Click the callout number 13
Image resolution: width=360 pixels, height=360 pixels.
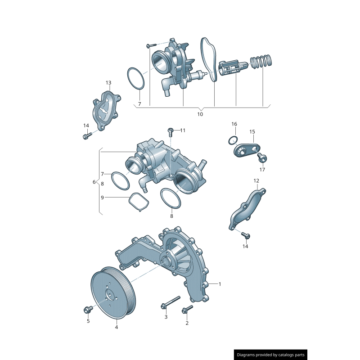click(x=108, y=83)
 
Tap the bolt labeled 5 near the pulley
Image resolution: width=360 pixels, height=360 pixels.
click(x=87, y=310)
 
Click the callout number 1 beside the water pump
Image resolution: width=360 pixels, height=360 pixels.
click(x=220, y=284)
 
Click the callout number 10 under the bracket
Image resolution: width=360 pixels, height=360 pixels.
click(x=200, y=114)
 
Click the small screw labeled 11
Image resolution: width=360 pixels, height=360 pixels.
click(x=171, y=131)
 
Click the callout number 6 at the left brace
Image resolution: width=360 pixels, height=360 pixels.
click(x=94, y=182)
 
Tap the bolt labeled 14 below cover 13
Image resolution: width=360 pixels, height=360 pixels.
click(x=87, y=135)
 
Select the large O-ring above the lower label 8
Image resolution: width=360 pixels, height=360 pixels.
click(x=171, y=198)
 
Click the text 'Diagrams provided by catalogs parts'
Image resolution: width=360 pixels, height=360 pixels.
click(x=271, y=355)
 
